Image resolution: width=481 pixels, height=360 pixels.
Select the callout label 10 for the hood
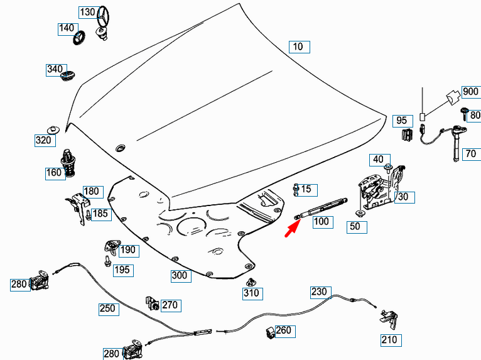(298, 46)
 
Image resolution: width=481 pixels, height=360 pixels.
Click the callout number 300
(180, 275)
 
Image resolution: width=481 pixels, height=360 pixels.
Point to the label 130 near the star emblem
(87, 13)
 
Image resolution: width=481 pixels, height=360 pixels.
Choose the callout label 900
(470, 92)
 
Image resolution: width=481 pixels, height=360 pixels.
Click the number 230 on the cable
(319, 292)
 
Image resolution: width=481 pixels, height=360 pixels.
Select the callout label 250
(107, 308)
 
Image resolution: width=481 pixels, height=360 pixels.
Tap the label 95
(401, 120)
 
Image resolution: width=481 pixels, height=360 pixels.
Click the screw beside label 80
(464, 114)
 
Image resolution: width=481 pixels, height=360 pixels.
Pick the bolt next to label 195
(107, 259)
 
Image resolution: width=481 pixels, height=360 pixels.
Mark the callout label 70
(470, 154)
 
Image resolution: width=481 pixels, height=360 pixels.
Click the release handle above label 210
(389, 317)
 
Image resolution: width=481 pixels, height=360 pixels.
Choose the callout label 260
(283, 330)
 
